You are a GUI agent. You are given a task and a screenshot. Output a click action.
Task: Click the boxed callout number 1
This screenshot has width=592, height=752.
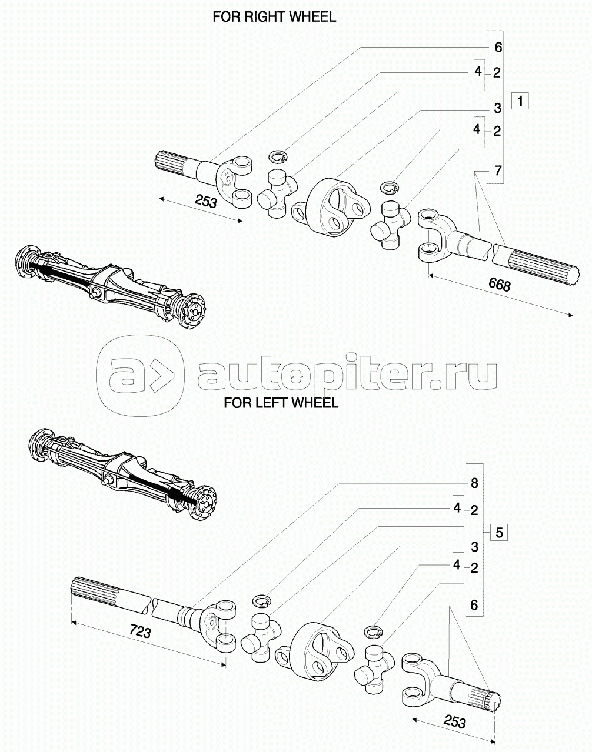[x=520, y=101]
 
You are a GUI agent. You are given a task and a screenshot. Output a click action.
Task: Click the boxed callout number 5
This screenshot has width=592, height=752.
[x=498, y=533]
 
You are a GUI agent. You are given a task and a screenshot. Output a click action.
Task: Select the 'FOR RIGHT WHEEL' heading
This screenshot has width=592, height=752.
[x=274, y=17]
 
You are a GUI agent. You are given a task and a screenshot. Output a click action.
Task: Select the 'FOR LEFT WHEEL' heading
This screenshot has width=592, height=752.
[x=281, y=403]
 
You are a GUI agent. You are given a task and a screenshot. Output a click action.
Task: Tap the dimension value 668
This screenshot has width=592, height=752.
[x=499, y=285]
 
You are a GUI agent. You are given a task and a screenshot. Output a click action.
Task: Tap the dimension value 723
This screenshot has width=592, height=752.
[x=140, y=632]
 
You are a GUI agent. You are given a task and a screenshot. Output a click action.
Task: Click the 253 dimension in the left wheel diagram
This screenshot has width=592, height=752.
[x=454, y=721]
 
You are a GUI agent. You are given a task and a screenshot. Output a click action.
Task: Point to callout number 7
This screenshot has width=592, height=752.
[x=497, y=171]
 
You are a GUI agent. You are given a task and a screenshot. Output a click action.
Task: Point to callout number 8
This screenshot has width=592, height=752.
[x=474, y=483]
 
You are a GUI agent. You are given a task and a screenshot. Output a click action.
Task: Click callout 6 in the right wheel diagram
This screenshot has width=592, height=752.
[x=498, y=46]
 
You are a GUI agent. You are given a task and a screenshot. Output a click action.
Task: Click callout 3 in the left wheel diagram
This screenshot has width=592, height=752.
[x=474, y=547]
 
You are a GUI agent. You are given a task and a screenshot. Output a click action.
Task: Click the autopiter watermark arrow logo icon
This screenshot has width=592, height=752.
[x=140, y=375]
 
